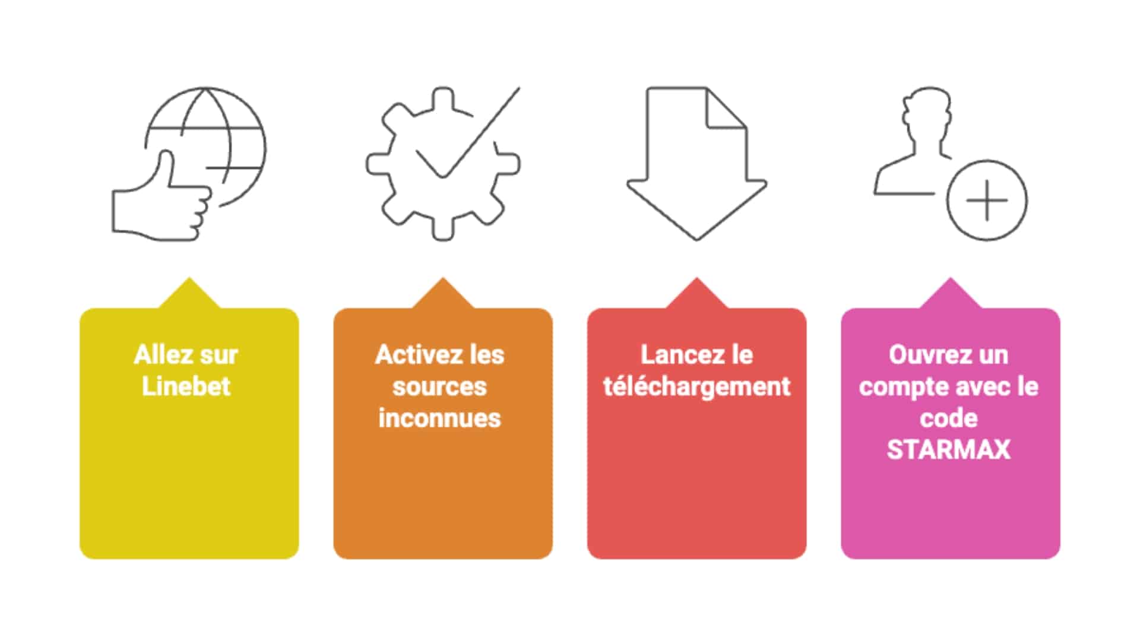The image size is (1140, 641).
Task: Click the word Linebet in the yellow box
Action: (x=186, y=386)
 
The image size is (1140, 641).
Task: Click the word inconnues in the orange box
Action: (x=439, y=418)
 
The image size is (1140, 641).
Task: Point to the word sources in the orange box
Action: (x=439, y=386)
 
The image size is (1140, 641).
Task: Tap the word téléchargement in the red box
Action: (x=696, y=386)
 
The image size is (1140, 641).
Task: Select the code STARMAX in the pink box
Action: (x=948, y=449)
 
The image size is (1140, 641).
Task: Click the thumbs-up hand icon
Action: (x=160, y=205)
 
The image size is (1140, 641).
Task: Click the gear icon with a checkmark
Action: (x=442, y=163)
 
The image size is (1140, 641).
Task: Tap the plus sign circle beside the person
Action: (x=987, y=200)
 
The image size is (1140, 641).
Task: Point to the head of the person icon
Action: (x=926, y=113)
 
